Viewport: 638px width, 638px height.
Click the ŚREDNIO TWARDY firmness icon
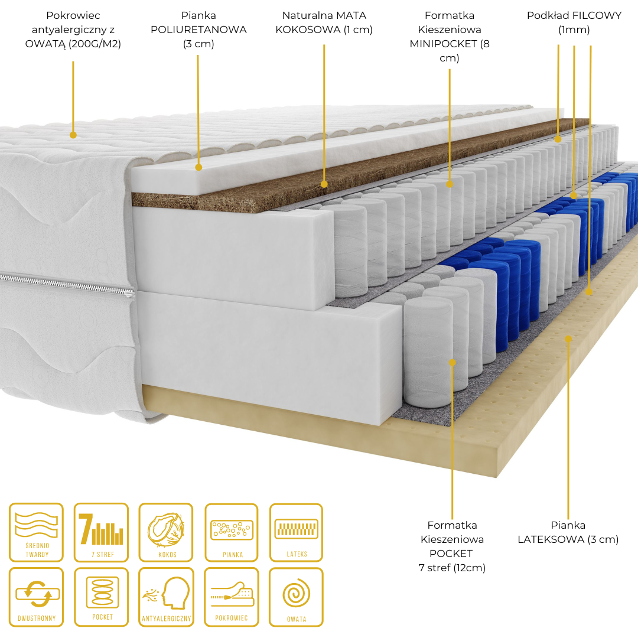[x=36, y=532]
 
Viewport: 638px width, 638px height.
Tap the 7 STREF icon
[x=101, y=532]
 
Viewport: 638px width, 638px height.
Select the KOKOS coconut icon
[x=165, y=532]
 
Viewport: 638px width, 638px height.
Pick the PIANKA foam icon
[x=232, y=532]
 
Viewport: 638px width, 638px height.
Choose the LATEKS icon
[x=296, y=532]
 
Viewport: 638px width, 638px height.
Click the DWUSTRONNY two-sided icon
[x=36, y=597]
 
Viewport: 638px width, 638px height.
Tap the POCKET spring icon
[x=101, y=597]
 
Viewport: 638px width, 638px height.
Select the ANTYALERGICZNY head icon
[x=165, y=597]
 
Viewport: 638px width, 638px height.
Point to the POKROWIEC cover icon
[x=232, y=597]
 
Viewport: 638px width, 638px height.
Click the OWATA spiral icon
[x=296, y=597]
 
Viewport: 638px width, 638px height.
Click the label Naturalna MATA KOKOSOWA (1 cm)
[x=324, y=22]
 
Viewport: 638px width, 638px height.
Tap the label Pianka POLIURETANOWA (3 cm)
[x=198, y=30]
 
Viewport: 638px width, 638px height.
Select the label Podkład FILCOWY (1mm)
[x=574, y=22]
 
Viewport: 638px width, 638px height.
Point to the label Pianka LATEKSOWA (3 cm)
[x=568, y=532]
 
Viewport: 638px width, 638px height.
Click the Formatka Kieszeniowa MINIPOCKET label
[x=450, y=37]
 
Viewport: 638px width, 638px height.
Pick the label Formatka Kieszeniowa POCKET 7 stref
[x=452, y=546]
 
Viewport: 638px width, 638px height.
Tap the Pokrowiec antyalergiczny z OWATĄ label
[x=73, y=30]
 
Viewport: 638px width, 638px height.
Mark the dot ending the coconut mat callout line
[x=324, y=184]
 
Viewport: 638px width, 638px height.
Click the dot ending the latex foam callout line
[x=568, y=338]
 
